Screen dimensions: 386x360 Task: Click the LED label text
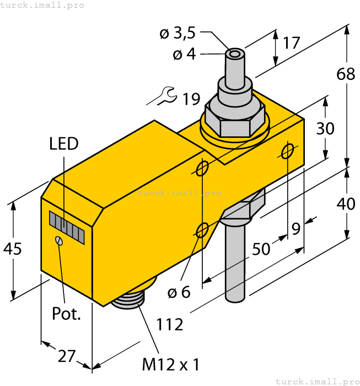64,144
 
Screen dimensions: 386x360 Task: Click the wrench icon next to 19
163,97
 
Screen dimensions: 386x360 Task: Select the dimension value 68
346,74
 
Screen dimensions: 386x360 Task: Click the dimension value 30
325,128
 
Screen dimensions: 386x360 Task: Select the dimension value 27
67,356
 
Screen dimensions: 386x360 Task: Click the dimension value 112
170,325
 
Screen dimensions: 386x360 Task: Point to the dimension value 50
261,249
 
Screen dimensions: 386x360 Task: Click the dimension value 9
297,228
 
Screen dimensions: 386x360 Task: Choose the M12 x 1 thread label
170,364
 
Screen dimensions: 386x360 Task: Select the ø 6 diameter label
179,292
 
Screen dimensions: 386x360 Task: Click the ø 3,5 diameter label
178,34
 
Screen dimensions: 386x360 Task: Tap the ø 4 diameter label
185,55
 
